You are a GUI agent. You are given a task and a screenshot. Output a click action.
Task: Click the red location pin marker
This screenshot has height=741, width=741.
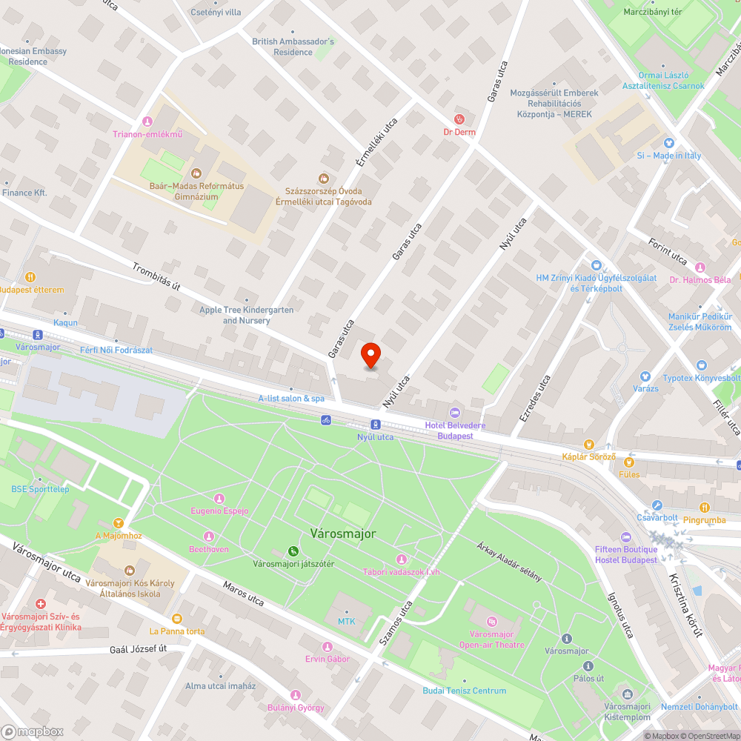point(370,356)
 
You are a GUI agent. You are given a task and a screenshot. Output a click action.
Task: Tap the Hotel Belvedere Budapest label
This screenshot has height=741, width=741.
point(455,431)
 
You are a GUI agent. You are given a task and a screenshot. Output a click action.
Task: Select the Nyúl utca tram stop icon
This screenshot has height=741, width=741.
point(376,425)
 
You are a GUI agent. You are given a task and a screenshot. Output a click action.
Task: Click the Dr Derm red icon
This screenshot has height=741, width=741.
point(459,119)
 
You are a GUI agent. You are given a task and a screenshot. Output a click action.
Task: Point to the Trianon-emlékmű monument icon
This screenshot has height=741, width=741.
point(147,122)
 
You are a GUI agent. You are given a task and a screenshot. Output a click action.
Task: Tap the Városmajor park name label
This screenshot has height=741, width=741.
point(342,534)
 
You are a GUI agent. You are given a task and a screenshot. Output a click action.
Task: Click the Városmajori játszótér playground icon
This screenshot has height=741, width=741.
point(294,551)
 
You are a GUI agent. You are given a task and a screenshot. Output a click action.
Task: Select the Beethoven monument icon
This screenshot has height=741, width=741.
point(208,536)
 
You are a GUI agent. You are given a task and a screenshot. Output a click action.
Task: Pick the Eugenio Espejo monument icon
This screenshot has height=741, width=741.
point(219,498)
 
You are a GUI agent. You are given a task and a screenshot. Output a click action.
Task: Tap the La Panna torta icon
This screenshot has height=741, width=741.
point(176,618)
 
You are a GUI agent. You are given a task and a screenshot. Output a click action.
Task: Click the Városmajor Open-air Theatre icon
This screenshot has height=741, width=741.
point(492,621)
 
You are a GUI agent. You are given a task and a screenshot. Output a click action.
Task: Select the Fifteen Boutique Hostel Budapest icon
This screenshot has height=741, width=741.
point(626,536)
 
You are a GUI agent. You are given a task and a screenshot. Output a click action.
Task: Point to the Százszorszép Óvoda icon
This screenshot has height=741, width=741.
point(323,178)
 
